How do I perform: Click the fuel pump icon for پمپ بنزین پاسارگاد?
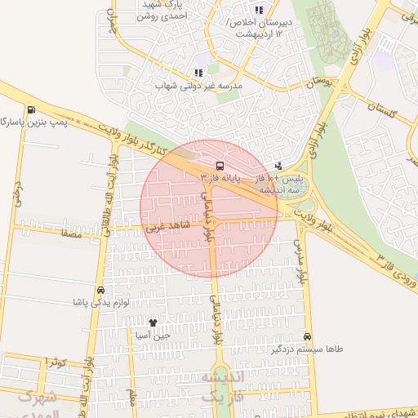[x=31, y=110]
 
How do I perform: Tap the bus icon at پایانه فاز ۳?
[x=206, y=165]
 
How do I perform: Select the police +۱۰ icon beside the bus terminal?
[x=279, y=166]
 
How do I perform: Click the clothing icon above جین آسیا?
[x=152, y=322]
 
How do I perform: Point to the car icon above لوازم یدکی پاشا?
[x=100, y=290]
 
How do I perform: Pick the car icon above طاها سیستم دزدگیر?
[x=307, y=336]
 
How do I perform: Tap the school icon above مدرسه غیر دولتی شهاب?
[x=198, y=72]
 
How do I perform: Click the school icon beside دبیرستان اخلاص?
[x=260, y=10]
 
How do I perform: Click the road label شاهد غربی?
[x=167, y=226]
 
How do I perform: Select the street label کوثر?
[x=54, y=361]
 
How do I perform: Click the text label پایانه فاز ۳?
[x=244, y=176]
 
